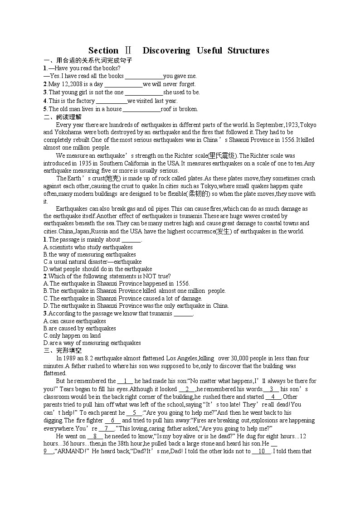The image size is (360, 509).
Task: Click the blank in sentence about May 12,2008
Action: (x=124, y=84)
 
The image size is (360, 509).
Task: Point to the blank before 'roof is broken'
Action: (x=141, y=109)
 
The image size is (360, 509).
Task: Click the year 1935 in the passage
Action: (x=87, y=163)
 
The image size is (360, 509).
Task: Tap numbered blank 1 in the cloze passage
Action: (x=125, y=381)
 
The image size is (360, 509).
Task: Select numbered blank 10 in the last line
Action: (x=262, y=451)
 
